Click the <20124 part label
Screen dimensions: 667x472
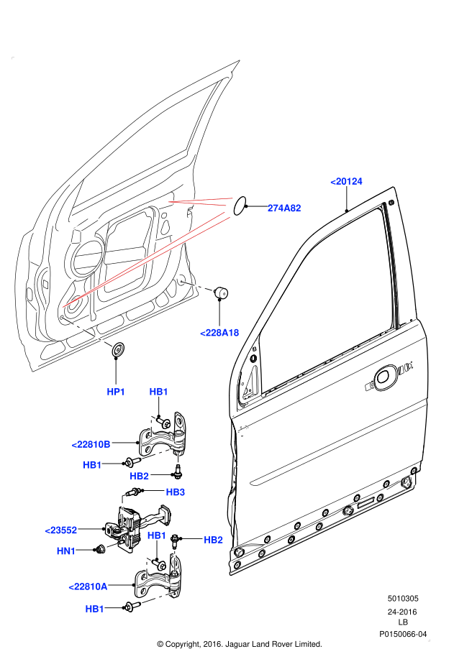coord(346,182)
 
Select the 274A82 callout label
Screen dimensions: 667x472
coord(284,208)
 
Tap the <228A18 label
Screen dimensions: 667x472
coord(219,332)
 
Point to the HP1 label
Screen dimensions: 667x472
coord(116,392)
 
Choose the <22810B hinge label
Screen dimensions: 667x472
coord(91,445)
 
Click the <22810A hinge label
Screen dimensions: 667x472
coord(88,586)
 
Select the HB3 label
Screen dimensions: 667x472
coord(176,492)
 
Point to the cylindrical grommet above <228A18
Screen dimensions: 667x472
coord(222,292)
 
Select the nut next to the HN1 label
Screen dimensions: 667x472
coord(99,550)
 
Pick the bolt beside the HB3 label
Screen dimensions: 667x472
coord(135,492)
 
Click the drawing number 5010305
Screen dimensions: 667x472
coord(404,598)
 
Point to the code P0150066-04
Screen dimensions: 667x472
coord(404,634)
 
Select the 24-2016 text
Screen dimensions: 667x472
coord(403,612)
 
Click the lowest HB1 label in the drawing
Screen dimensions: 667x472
coord(94,609)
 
